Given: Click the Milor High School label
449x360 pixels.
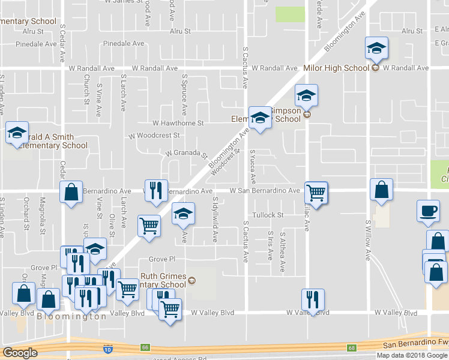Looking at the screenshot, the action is click(336, 68).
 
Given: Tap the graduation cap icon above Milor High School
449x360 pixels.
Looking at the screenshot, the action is click(376, 48).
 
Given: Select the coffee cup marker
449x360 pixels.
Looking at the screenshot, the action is click(428, 211).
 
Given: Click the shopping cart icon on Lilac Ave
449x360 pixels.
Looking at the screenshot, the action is click(316, 193).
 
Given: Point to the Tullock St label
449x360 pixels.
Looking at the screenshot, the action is click(268, 215).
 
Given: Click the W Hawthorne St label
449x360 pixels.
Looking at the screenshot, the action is click(178, 123).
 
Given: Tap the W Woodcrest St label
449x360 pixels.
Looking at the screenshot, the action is click(154, 136).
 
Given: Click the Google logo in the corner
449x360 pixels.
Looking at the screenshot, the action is click(20, 353).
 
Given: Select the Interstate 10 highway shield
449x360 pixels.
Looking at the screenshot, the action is click(107, 348).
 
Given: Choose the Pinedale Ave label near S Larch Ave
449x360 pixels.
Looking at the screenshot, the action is click(124, 44).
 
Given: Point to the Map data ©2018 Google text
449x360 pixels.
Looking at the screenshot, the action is click(412, 355).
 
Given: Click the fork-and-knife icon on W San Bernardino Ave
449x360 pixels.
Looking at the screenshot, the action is click(156, 191).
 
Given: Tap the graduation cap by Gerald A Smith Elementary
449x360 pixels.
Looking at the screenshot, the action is click(17, 133).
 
